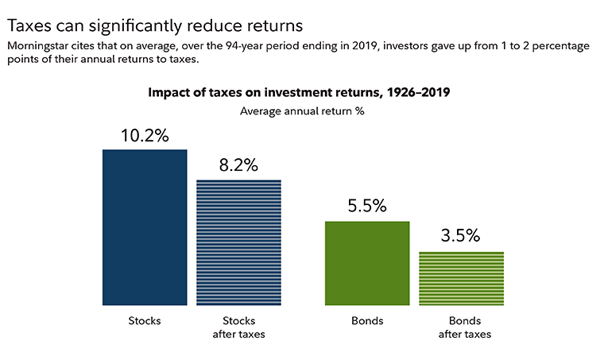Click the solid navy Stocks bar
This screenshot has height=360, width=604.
tap(145, 227)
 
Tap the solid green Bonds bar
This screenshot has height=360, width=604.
tap(367, 263)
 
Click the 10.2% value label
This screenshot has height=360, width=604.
tap(145, 135)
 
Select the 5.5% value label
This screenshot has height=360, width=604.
tap(367, 207)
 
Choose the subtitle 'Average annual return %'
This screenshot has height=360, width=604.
tap(302, 110)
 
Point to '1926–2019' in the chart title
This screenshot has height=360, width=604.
tap(419, 92)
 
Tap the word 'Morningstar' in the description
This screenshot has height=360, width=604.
tap(40, 45)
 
